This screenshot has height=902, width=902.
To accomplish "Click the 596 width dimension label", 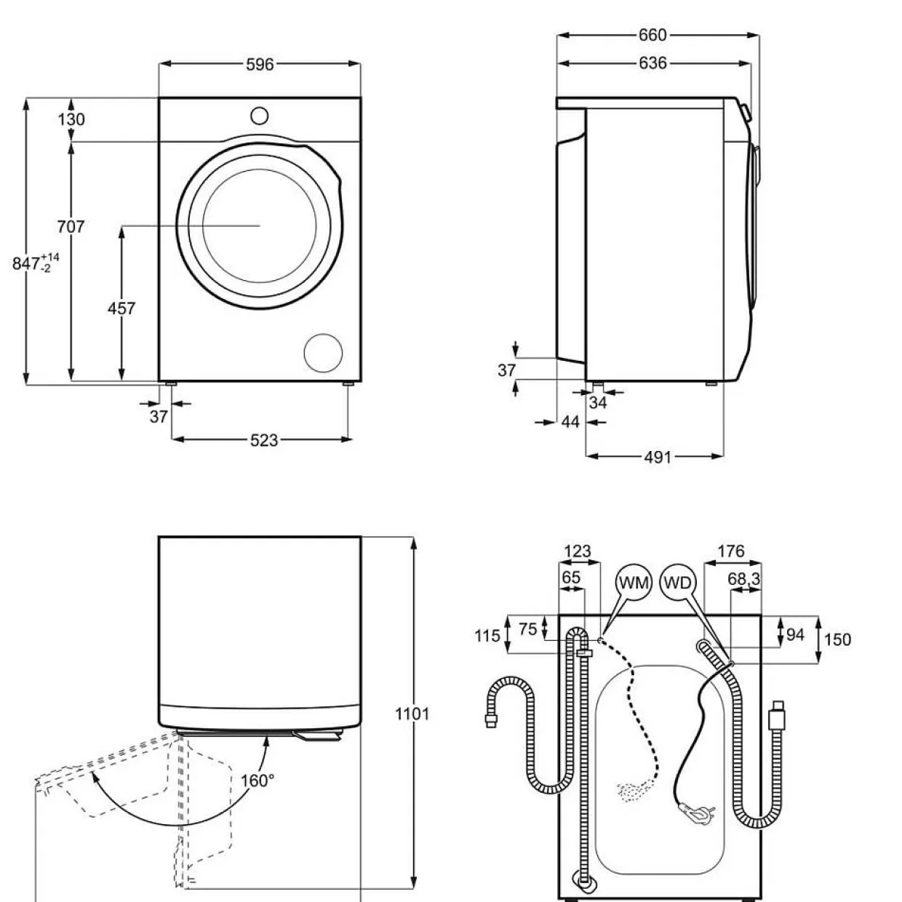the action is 260,64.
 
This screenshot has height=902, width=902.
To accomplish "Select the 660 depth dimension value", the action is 652,35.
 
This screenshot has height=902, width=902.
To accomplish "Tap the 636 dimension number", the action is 652,63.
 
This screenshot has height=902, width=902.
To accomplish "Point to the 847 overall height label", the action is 36,263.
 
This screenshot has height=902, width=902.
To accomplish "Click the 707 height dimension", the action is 71,226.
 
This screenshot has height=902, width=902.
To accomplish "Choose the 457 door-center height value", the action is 121,308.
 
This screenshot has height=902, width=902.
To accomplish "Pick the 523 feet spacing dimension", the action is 264,440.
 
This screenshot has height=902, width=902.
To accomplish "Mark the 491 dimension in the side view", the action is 658,457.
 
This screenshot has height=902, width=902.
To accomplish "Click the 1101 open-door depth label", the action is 412,714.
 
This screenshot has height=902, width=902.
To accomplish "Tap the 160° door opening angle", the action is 257,781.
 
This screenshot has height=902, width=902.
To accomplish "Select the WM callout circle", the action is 634,583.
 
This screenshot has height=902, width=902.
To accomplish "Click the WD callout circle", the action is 678,583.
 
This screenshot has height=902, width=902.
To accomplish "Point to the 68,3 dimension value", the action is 744,580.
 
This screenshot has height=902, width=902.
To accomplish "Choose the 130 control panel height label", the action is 71,119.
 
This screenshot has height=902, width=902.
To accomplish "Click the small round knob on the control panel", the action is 259,116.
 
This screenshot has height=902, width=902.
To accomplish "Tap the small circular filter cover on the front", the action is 323,353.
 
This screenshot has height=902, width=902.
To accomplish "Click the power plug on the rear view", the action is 697,815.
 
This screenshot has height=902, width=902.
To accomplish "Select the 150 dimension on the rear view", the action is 837,639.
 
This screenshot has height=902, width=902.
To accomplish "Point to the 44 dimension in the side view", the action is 570,422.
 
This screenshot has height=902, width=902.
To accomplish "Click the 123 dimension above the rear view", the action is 578,551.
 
